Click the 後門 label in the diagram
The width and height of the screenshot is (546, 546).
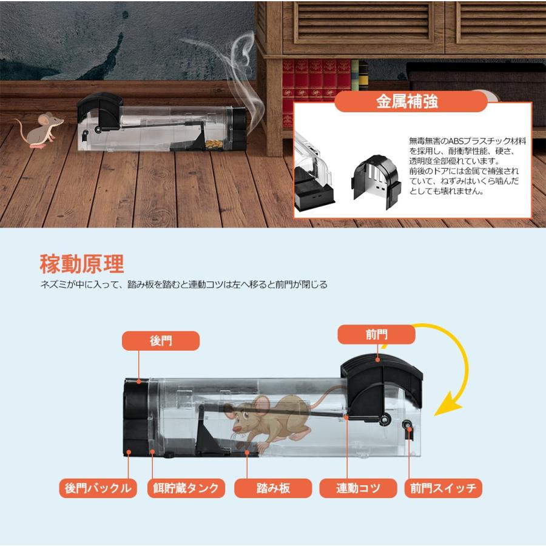coord(161,340)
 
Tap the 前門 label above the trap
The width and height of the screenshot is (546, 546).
coord(376,335)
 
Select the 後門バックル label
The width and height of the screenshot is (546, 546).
coord(98,488)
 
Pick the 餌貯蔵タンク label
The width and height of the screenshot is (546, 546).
coord(186,488)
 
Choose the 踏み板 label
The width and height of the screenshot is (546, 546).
coord(273,488)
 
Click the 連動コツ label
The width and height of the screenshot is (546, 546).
coord(358,488)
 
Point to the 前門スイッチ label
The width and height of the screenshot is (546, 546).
coord(443,488)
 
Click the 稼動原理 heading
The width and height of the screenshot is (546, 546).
coord(82,264)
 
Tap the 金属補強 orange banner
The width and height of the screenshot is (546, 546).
coord(411,102)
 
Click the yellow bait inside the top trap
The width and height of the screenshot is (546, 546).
coord(214,144)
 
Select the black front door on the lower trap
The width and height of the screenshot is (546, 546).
coord(382,386)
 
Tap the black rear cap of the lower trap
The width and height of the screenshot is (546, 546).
coord(136,417)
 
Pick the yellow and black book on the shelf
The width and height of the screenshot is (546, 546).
coord(363,76)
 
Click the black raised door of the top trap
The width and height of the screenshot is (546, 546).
coord(100,112)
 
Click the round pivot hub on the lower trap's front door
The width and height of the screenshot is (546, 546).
coord(384,420)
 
